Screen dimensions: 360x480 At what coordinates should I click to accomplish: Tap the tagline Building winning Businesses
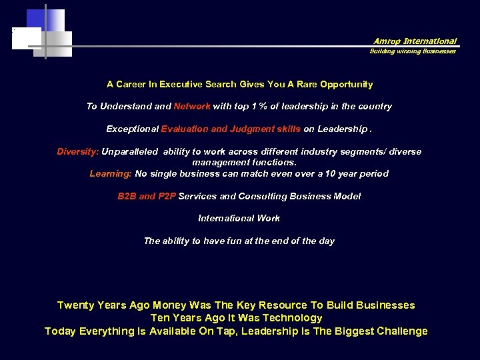point(413,51)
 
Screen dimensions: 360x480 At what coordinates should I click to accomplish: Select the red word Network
point(192,106)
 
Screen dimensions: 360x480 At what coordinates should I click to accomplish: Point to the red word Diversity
point(77,151)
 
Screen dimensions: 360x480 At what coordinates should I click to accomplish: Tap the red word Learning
point(111,173)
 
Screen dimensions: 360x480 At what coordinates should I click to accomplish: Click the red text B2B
point(127,196)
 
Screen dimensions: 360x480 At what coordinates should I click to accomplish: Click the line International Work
point(239,218)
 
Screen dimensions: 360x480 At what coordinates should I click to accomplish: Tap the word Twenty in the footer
point(74,305)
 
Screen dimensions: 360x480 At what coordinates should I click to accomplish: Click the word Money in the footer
point(170,305)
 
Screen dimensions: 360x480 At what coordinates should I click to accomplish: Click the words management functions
point(245,162)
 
